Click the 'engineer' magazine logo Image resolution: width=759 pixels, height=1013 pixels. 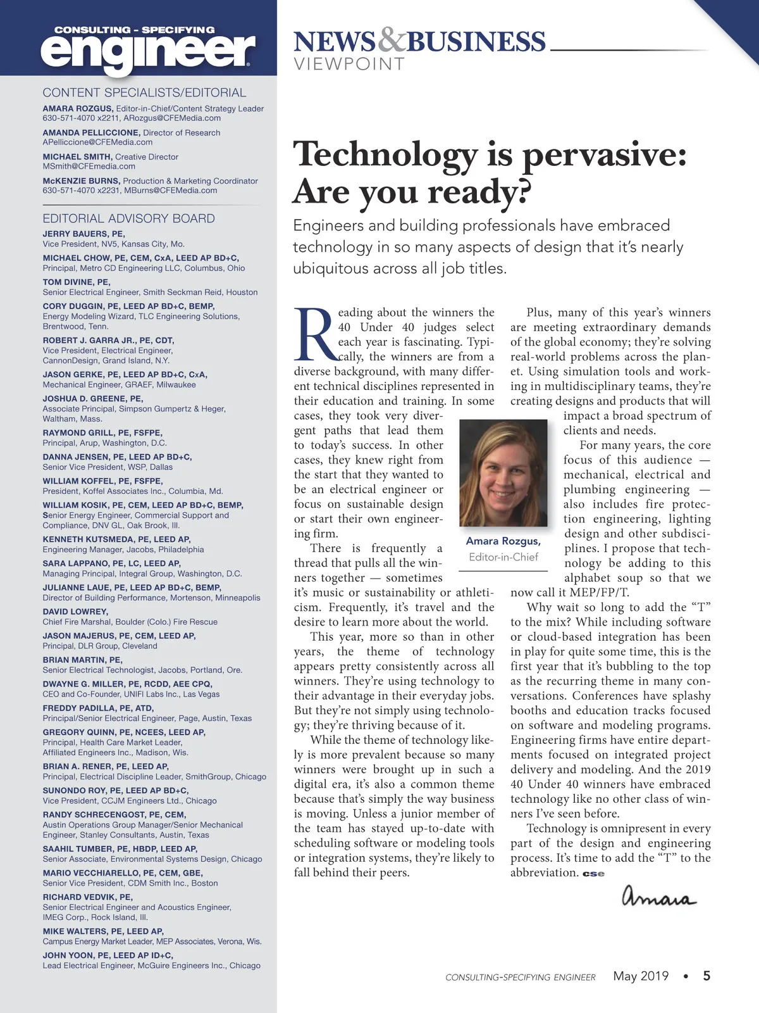pos(148,49)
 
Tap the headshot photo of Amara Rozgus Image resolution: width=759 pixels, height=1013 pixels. pos(503,472)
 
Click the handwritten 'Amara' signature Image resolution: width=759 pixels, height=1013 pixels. pos(658,897)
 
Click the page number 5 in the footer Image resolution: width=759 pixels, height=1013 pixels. pos(707,976)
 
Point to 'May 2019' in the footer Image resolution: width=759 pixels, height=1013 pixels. pos(641,976)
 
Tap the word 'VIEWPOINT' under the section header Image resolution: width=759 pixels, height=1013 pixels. pos(349,64)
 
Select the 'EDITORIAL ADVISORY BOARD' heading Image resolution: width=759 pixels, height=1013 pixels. pos(128,218)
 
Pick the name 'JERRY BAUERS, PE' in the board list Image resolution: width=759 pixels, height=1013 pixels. pos(83,234)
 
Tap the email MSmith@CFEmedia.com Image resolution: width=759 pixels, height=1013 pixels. pos(89,167)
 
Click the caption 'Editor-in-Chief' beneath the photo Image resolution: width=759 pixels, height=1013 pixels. pos(503,557)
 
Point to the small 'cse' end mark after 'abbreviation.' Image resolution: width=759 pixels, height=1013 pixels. pos(593,874)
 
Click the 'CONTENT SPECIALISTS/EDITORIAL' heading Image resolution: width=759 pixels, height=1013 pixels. pos(144,92)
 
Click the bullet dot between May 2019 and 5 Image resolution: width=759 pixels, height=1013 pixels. pos(686,976)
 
